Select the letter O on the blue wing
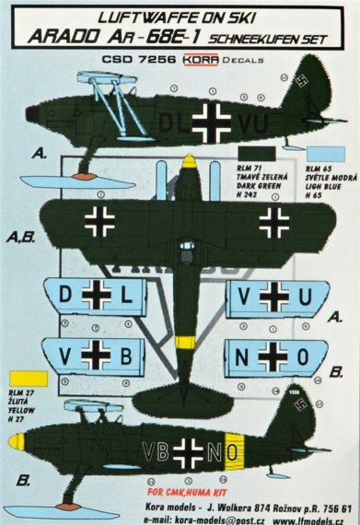click(303, 354)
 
